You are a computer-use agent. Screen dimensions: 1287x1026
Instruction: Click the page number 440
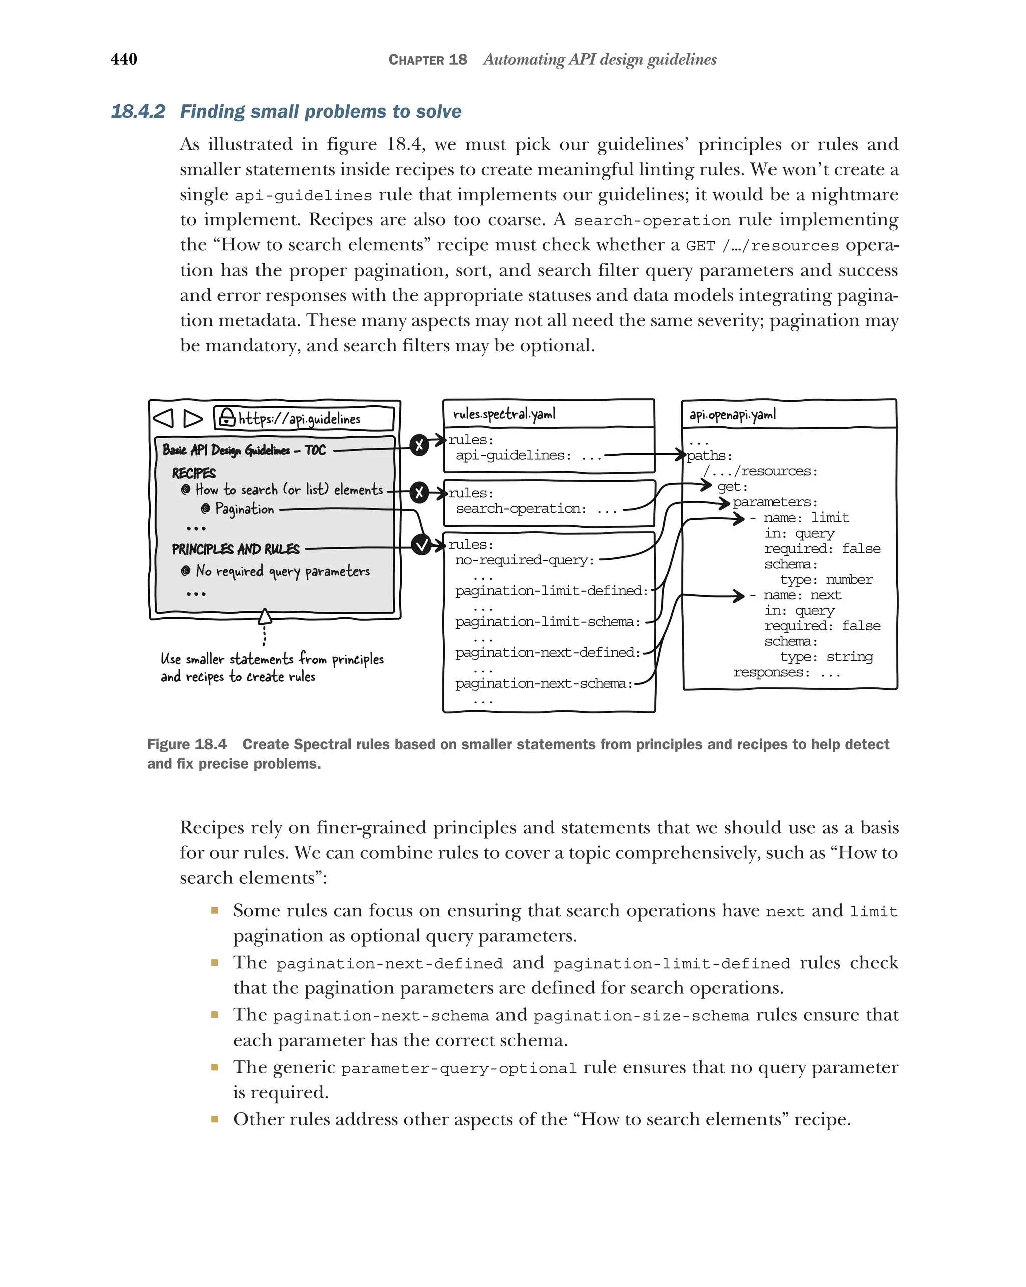click(x=124, y=59)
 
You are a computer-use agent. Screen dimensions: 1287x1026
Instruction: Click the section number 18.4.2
click(x=138, y=112)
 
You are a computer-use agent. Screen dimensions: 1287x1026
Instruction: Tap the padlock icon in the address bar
click(x=227, y=417)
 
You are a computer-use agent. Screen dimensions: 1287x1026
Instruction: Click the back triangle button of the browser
click(x=163, y=418)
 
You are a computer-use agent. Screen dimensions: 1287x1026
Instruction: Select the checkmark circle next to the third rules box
click(x=421, y=544)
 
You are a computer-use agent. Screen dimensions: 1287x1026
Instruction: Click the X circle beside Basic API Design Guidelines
click(x=419, y=445)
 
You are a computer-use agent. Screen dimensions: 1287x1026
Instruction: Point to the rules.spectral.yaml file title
click(x=504, y=414)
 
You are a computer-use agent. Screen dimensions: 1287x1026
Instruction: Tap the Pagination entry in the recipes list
click(x=244, y=509)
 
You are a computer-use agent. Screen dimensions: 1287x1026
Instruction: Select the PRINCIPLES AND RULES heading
click(x=236, y=549)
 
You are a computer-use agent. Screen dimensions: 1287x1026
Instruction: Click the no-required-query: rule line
click(x=525, y=560)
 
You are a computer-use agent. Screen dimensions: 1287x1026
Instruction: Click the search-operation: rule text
click(x=521, y=509)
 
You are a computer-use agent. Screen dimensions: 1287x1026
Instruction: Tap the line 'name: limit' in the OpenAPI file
click(x=806, y=518)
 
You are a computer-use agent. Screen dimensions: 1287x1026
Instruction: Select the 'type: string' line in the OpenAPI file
click(x=826, y=657)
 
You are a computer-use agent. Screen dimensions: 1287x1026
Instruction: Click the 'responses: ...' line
click(x=786, y=672)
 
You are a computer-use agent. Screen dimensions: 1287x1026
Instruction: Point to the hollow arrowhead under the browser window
click(x=265, y=617)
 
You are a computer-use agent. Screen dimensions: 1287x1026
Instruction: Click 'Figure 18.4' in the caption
click(x=187, y=744)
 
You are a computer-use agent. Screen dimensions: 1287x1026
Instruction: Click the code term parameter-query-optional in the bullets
click(x=458, y=1068)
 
